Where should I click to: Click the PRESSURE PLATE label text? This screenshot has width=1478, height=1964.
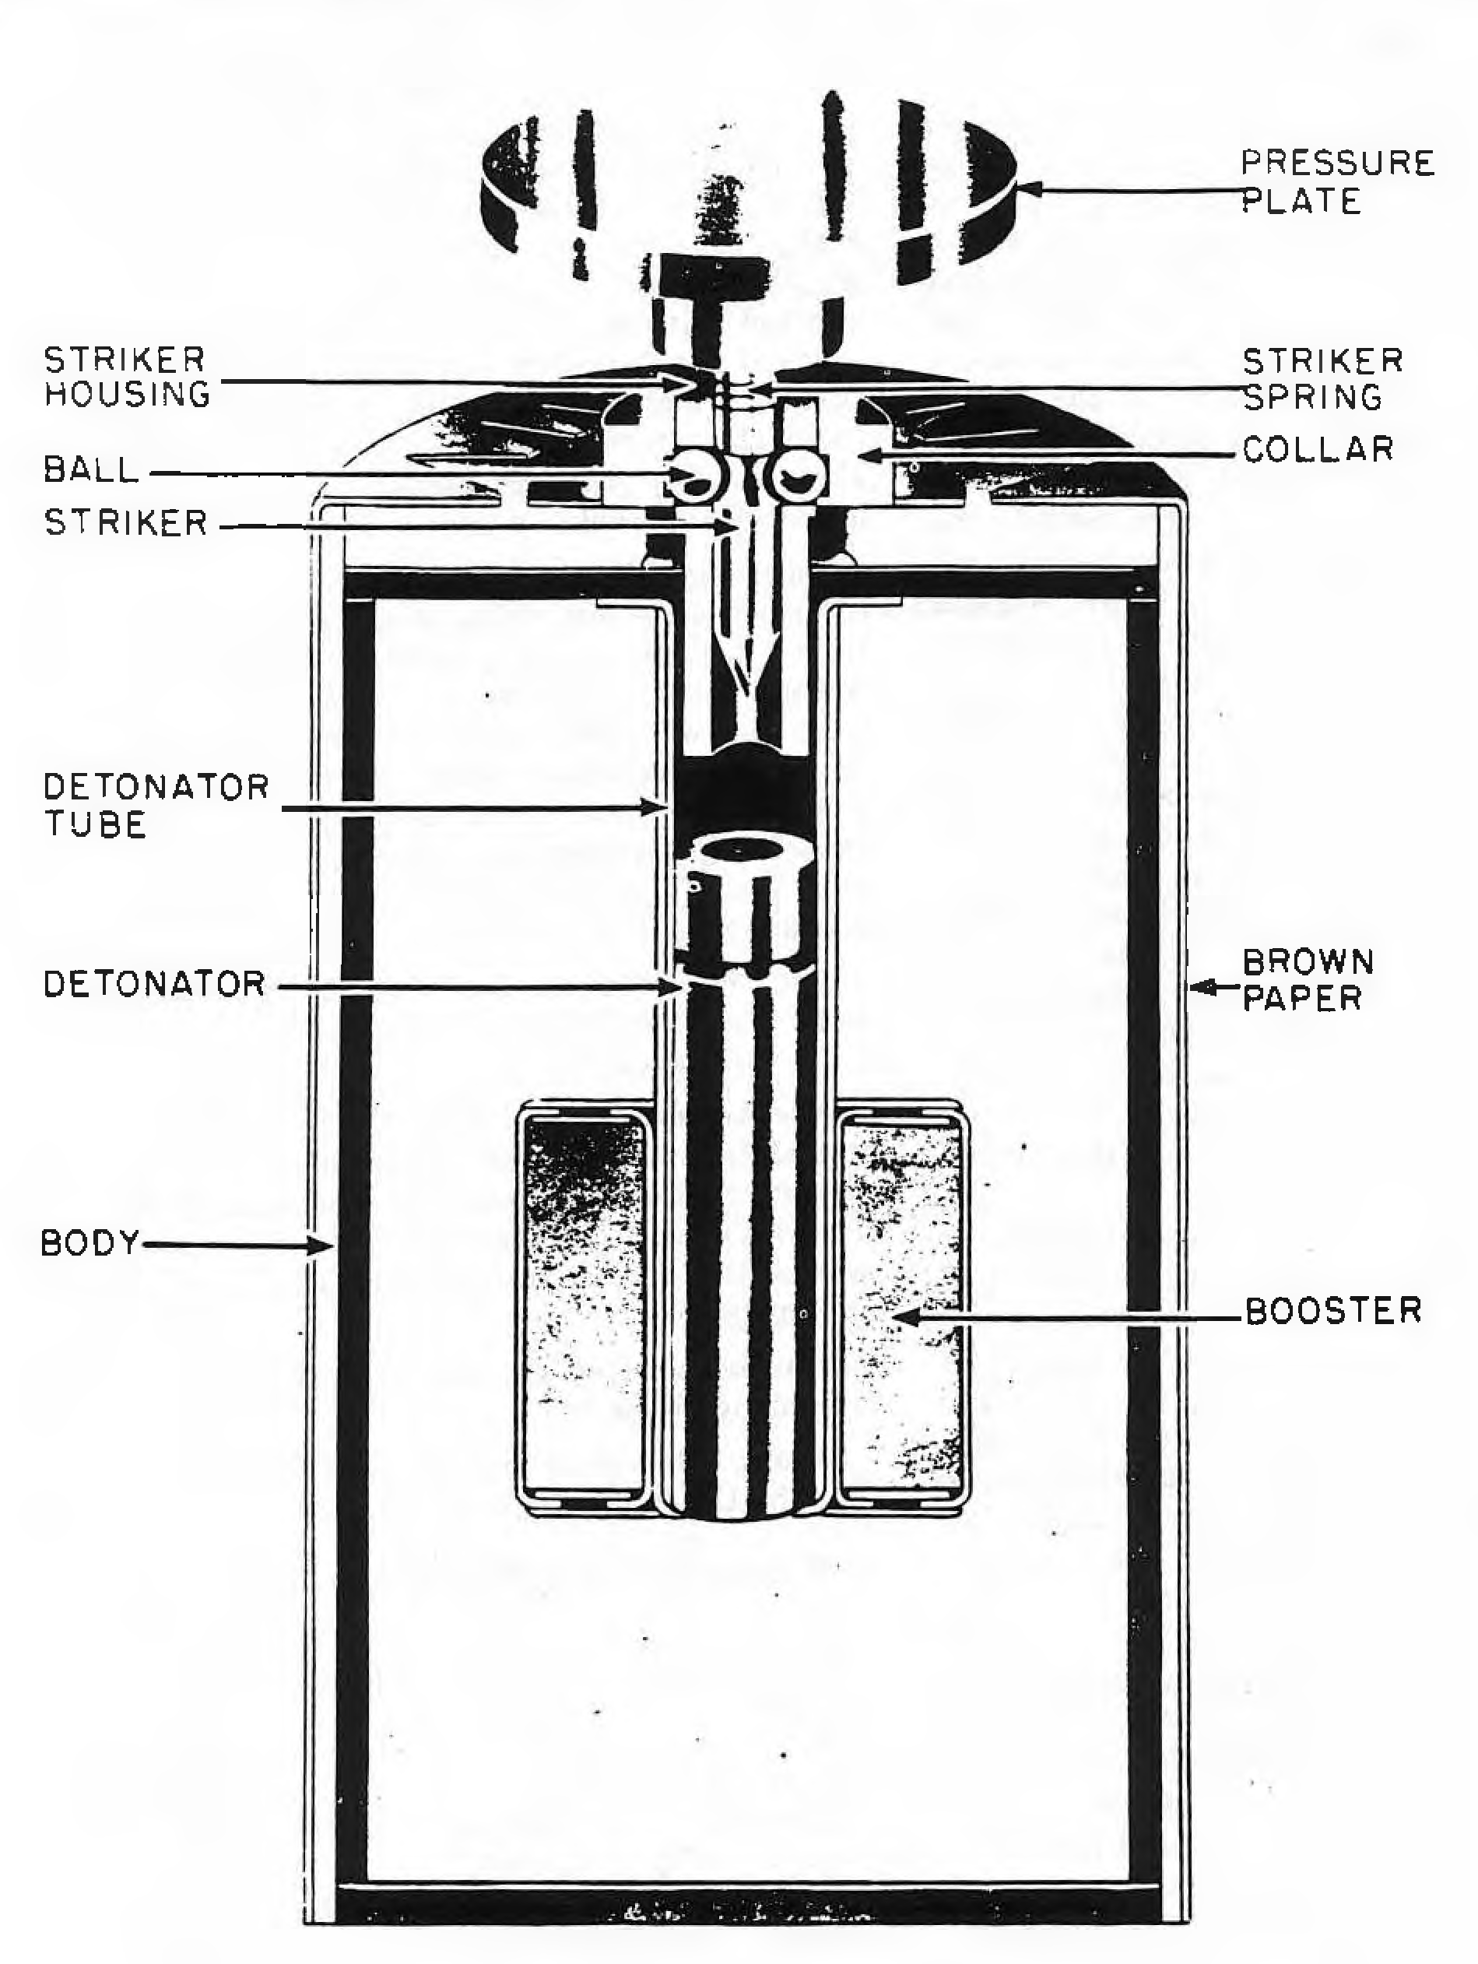point(1337,182)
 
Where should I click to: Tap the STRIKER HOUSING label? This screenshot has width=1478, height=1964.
point(127,377)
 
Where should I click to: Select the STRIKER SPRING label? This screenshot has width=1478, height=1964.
point(1322,379)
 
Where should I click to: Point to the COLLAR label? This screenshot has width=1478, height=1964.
point(1318,449)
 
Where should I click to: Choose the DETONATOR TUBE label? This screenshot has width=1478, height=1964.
point(156,806)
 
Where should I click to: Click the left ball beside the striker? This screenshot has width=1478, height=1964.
point(697,480)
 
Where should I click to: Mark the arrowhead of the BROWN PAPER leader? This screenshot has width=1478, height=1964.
point(1201,986)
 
